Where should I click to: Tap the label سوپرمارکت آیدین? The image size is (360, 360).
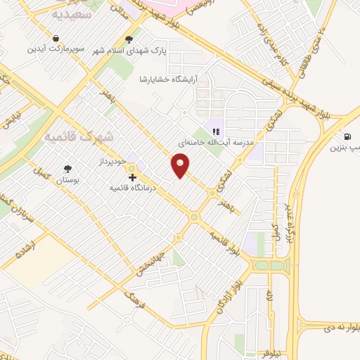pyautogui.click(x=56, y=50)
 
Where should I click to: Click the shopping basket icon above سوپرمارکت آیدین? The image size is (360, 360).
pyautogui.click(x=56, y=38)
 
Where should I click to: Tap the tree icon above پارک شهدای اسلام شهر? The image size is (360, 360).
pyautogui.click(x=128, y=40)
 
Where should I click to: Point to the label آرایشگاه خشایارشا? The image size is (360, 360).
pyautogui.click(x=169, y=79)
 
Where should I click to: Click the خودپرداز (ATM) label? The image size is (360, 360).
pyautogui.click(x=111, y=160)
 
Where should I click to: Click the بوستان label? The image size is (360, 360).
pyautogui.click(x=67, y=181)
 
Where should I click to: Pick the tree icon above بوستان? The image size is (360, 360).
pyautogui.click(x=67, y=169)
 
